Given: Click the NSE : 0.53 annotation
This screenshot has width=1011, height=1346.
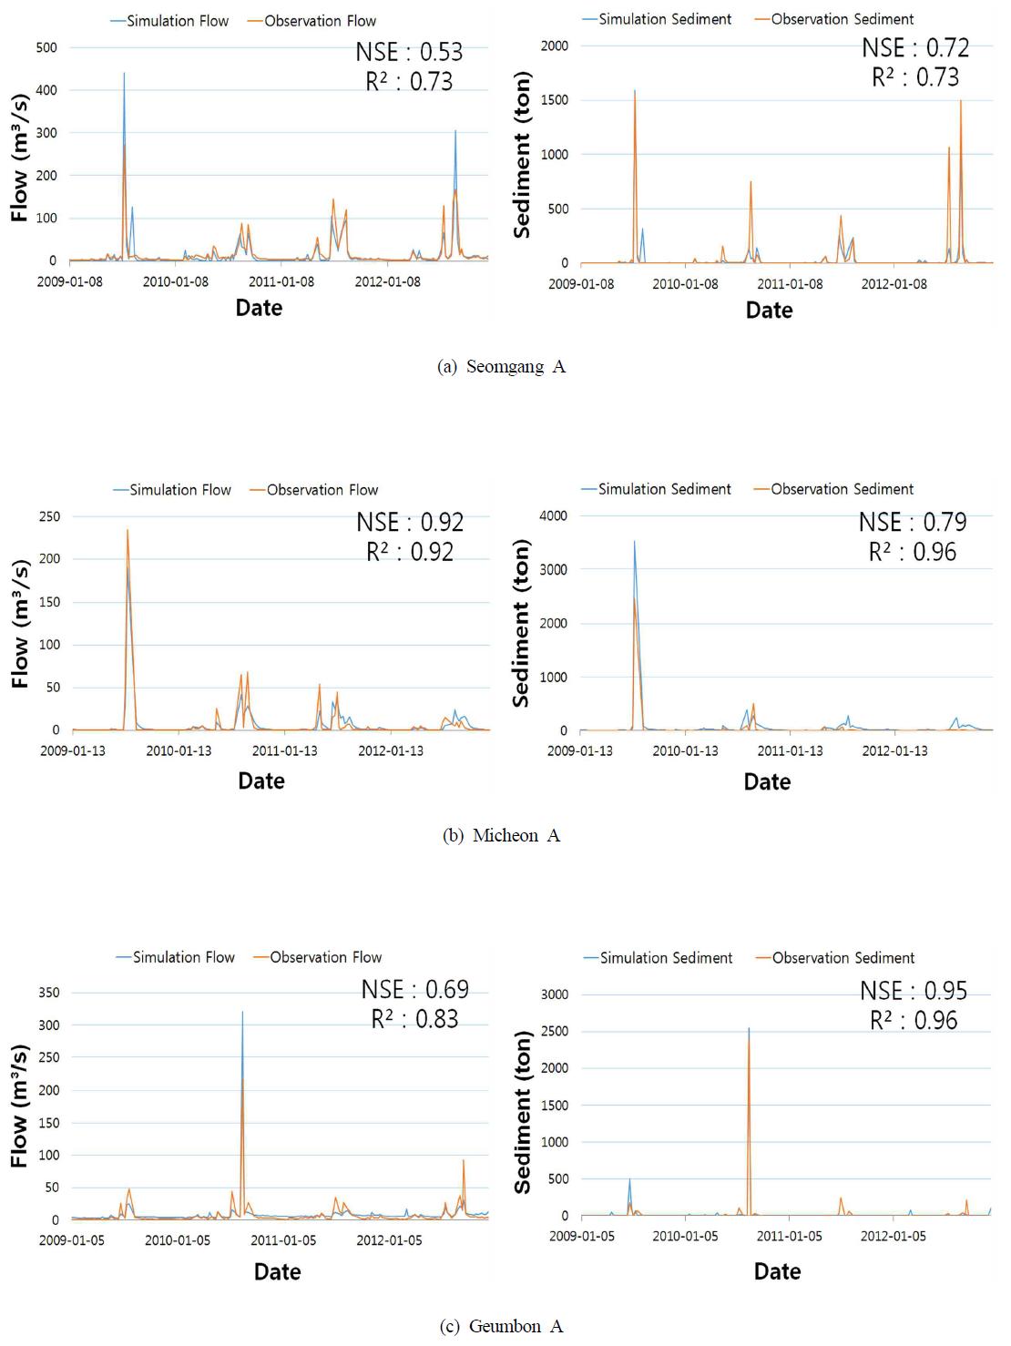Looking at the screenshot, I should point(409,52).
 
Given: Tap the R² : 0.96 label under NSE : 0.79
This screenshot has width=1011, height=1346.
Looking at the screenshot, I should point(913,552).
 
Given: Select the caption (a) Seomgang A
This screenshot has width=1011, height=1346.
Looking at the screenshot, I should point(502,367).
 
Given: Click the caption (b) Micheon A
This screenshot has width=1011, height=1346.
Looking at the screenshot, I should point(502,836).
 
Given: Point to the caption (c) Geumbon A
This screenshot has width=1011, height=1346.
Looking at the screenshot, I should point(502,1327).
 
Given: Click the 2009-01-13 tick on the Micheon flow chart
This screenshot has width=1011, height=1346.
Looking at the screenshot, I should point(73,750).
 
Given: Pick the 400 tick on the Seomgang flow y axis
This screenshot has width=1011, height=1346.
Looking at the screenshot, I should point(46,90).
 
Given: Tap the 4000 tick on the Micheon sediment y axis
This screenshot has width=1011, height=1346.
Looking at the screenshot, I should point(553,515).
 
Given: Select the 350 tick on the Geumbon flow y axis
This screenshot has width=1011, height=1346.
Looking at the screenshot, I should point(49,993).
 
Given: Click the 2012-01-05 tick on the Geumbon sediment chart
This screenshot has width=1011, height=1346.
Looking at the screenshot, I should point(894,1237).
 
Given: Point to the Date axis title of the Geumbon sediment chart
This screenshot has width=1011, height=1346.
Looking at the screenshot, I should point(777,1272).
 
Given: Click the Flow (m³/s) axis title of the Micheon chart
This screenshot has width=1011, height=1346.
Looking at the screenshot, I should point(20,623).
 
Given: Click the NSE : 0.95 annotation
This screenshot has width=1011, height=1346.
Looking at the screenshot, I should point(914,991).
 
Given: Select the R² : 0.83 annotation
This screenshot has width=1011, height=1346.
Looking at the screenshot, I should point(414,1019).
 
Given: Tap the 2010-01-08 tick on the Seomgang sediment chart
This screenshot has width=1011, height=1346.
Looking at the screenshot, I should point(685,284).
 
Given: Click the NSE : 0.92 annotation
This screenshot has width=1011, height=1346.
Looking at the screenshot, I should point(410,523).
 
